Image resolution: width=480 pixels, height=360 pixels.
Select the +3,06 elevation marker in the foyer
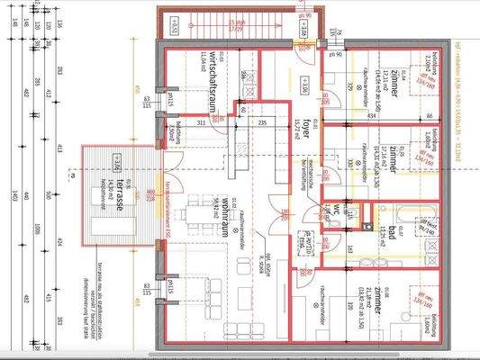[303, 90]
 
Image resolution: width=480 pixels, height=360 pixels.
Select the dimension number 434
[370, 116]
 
